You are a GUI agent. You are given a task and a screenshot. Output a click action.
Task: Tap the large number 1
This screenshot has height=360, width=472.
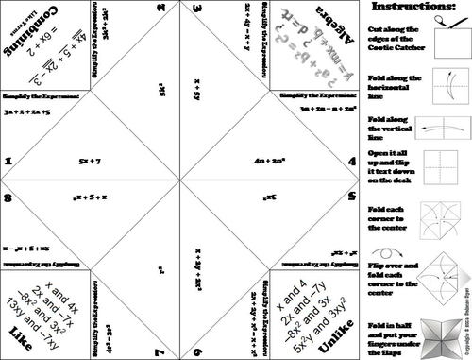(x=8, y=162)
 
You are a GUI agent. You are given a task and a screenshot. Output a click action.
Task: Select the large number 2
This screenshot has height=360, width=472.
(x=162, y=10)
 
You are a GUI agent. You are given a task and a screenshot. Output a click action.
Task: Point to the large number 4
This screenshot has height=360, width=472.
(x=351, y=162)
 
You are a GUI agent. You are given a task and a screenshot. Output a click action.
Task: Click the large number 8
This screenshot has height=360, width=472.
(x=8, y=198)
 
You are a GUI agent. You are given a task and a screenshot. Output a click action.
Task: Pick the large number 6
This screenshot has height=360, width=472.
(x=195, y=349)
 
